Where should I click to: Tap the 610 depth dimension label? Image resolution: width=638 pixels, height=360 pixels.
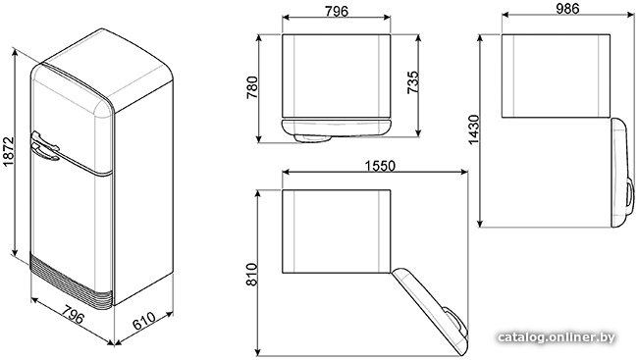pyautogui.click(x=144, y=321)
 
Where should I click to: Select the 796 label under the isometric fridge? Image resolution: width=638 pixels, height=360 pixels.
pyautogui.click(x=74, y=313)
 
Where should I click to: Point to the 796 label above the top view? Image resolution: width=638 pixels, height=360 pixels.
pyautogui.click(x=337, y=11)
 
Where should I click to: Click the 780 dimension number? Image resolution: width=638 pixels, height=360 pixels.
pyautogui.click(x=252, y=87)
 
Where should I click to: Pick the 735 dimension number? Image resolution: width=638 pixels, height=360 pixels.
pyautogui.click(x=412, y=82)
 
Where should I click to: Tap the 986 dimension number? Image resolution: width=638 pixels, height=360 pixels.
pyautogui.click(x=567, y=9)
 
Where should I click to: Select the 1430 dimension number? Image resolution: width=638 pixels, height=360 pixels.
pyautogui.click(x=474, y=129)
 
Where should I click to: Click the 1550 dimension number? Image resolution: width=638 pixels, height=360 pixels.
pyautogui.click(x=380, y=166)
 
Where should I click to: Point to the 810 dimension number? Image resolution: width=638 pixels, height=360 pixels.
pyautogui.click(x=252, y=275)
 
